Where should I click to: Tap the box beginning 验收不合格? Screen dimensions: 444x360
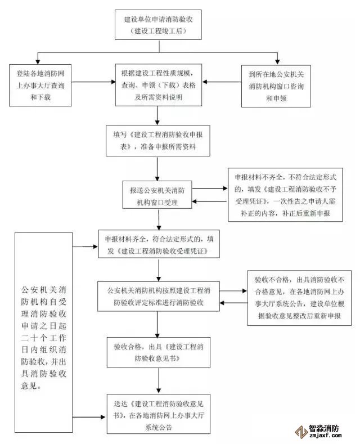pyautogui.click(x=296, y=298)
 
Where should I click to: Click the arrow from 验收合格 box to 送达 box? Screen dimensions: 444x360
pyautogui.click(x=158, y=381)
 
